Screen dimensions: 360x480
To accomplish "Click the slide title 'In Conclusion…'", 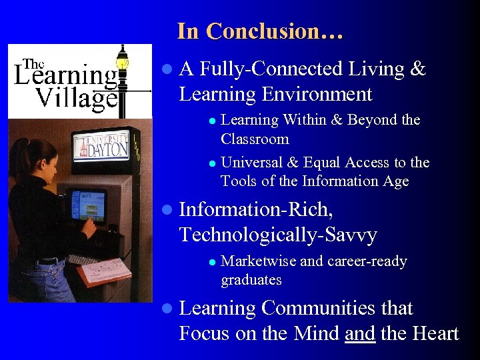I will point(260,31).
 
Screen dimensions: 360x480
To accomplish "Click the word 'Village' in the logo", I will point(76,98).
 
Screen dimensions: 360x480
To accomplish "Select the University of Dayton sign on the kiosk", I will point(101,146).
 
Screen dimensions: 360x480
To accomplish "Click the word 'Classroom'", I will point(255,139).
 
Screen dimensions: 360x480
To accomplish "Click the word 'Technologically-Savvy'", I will point(278,235).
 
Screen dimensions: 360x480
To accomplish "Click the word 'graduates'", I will point(251,280).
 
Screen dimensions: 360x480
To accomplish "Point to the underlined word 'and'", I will point(360,333).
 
